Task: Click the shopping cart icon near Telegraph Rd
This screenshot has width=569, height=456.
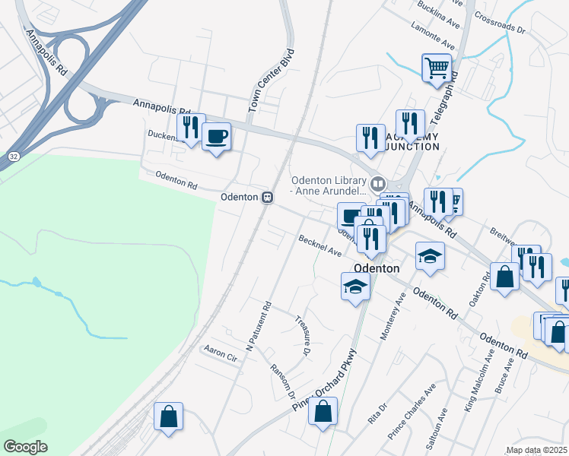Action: click(437, 67)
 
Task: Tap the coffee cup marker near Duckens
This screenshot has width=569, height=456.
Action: click(217, 137)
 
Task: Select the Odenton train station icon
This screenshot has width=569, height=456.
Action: click(267, 197)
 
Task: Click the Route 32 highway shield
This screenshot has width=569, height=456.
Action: click(15, 155)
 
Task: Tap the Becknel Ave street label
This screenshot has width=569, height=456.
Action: click(319, 245)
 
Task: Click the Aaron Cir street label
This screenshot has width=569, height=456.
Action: click(221, 351)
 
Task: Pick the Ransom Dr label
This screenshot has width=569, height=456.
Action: click(282, 379)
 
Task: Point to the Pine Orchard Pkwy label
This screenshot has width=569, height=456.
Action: click(325, 380)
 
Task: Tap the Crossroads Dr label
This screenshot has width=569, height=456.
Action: click(500, 23)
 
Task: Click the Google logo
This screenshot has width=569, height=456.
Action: click(25, 447)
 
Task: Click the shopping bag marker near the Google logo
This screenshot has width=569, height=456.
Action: click(168, 416)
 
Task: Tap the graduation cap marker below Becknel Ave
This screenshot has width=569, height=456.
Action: click(355, 287)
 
